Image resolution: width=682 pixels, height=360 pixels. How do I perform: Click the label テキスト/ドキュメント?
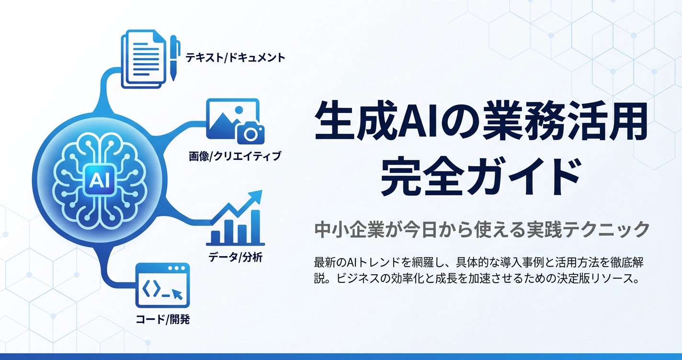[235, 58]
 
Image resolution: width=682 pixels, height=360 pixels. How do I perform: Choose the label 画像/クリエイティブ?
[234, 156]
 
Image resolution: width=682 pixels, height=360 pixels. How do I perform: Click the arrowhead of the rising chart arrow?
[257, 195]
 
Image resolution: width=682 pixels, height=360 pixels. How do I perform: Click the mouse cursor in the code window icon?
[178, 294]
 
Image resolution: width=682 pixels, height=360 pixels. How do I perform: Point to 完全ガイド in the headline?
[479, 177]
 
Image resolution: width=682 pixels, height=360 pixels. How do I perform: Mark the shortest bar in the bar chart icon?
[216, 237]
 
